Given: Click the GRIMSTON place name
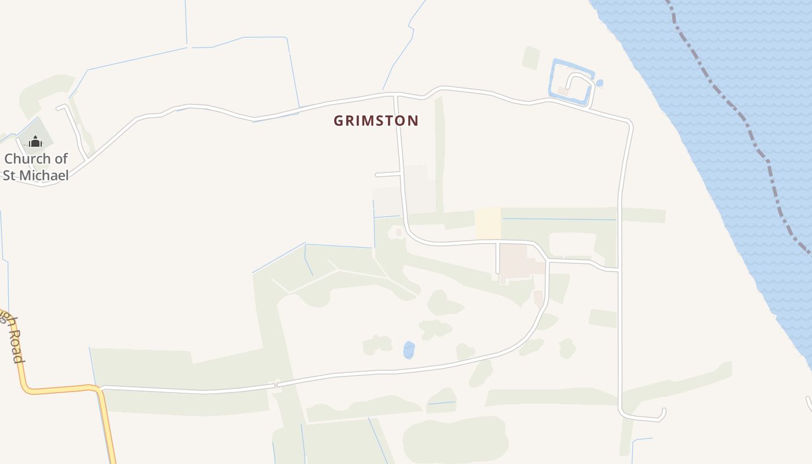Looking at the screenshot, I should click(x=376, y=121).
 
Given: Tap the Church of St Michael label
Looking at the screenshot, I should click(x=36, y=166).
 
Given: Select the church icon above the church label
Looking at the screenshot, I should click(x=35, y=141).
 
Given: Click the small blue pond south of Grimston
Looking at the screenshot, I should click(x=409, y=350).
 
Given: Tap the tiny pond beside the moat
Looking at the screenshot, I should click(x=600, y=83).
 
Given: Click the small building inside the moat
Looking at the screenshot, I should click(x=563, y=91).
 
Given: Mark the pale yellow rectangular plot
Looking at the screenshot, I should click(x=488, y=223).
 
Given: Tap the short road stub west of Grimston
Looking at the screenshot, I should click(x=387, y=174).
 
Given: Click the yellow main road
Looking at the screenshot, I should click(x=58, y=389).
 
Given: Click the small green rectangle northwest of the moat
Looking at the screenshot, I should click(x=531, y=57).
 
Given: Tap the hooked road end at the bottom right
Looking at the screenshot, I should click(x=662, y=414).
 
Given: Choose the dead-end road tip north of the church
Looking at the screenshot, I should click(x=59, y=107).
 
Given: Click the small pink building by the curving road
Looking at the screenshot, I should click(x=538, y=299).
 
